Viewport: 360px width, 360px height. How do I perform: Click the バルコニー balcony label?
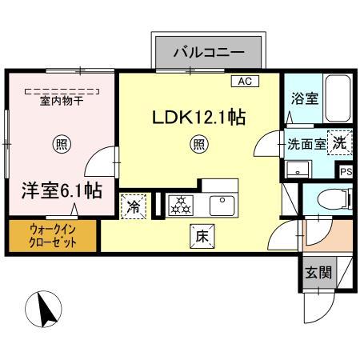tap(209, 53)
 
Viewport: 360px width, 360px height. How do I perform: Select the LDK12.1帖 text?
tap(199, 117)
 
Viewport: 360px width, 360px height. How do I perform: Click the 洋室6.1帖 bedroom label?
tap(60, 190)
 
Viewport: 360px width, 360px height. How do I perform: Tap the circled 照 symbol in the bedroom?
tap(60, 144)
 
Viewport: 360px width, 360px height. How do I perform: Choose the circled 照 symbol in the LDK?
tap(199, 145)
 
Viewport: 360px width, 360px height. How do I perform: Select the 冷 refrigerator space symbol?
tap(133, 206)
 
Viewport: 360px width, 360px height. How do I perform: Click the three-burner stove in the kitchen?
tap(182, 205)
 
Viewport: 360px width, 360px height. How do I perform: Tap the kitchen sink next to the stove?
tap(222, 205)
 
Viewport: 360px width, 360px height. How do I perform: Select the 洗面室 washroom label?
tap(306, 145)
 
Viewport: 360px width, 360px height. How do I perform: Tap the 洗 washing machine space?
tap(339, 142)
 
